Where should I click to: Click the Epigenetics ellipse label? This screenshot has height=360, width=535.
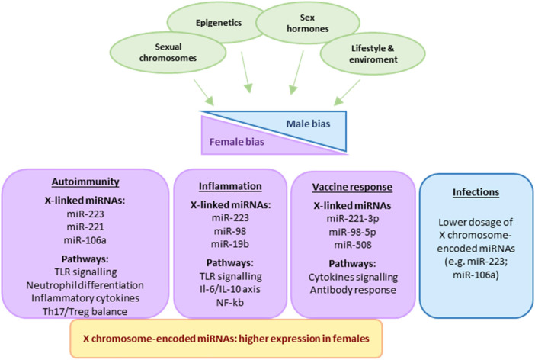tap(219, 23)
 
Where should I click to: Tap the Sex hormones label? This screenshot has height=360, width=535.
tap(307, 23)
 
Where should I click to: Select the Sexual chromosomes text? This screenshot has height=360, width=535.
tap(168, 53)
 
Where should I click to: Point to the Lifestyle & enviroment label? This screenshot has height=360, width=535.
tap(373, 53)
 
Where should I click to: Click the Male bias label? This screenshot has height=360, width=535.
tap(308, 124)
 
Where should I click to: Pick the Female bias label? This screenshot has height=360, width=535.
tap(237, 142)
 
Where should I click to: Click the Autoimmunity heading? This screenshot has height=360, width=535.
tap(85, 182)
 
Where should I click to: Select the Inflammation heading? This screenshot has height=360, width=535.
tap(230, 186)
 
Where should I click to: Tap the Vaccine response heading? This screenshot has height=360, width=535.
tap(352, 187)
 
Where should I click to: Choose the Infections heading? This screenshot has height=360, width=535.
tap(476, 192)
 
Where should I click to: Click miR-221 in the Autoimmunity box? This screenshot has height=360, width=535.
tap(85, 227)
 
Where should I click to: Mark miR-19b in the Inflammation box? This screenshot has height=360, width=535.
tap(230, 244)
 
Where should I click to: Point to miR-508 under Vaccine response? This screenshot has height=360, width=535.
tap(353, 245)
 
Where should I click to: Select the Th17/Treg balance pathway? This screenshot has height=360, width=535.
tap(85, 311)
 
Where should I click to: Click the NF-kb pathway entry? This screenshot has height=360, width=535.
tap(230, 302)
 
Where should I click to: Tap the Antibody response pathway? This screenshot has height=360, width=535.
tap(353, 290)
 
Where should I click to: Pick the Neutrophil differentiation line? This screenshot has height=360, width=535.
tap(85, 285)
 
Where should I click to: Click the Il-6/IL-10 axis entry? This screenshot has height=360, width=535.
tap(230, 289)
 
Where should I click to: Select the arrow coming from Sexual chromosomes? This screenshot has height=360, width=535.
tap(204, 93)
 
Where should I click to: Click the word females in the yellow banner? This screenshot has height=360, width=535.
tap(353, 339)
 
